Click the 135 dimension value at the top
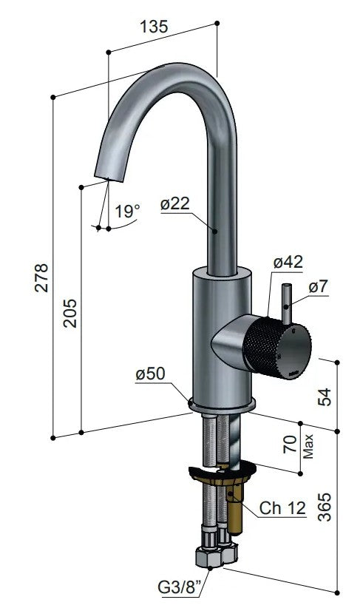coord(153,25)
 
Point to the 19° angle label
coord(127,211)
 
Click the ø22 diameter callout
coord(175,203)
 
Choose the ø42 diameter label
coord(288,262)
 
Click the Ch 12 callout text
coord(282,508)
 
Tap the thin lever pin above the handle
coord(286,303)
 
